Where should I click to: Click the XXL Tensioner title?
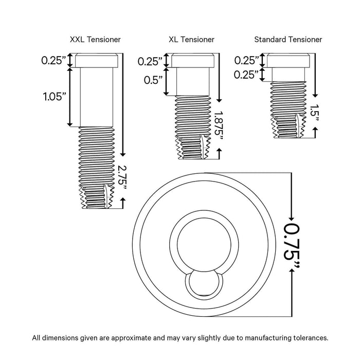[x=96, y=39]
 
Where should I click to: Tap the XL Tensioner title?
[x=192, y=39]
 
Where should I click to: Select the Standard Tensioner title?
[x=288, y=39]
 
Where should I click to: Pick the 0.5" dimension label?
[x=153, y=80]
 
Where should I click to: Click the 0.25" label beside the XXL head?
[x=54, y=61]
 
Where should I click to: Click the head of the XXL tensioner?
[x=98, y=61]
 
